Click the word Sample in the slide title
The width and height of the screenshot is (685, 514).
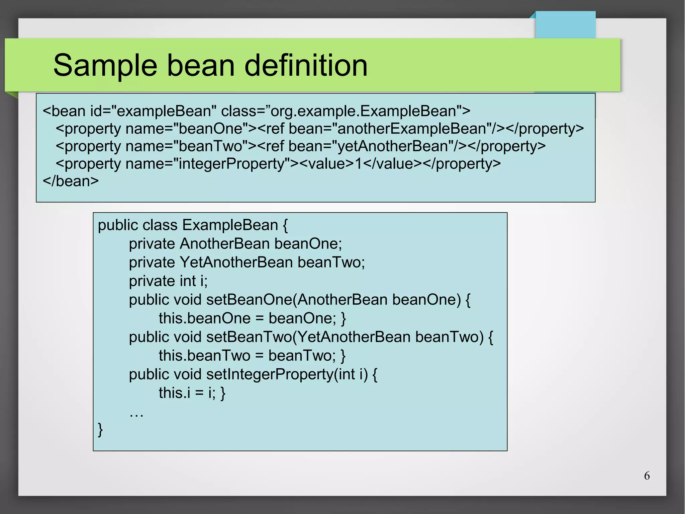[x=105, y=66]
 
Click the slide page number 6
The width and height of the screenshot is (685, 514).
[x=647, y=476]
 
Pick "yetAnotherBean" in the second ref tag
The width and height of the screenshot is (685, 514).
[x=393, y=146]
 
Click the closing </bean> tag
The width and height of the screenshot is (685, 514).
[x=71, y=181]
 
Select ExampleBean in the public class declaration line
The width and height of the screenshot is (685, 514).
[x=230, y=225]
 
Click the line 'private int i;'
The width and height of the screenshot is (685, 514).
[x=168, y=281]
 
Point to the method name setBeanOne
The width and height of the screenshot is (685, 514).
[x=249, y=300]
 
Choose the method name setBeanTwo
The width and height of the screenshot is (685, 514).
[x=249, y=337]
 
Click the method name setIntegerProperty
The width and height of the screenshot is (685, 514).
[x=270, y=374]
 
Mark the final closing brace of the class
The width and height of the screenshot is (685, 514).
[x=100, y=430]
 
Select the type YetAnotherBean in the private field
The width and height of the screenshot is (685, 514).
[x=236, y=262]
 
